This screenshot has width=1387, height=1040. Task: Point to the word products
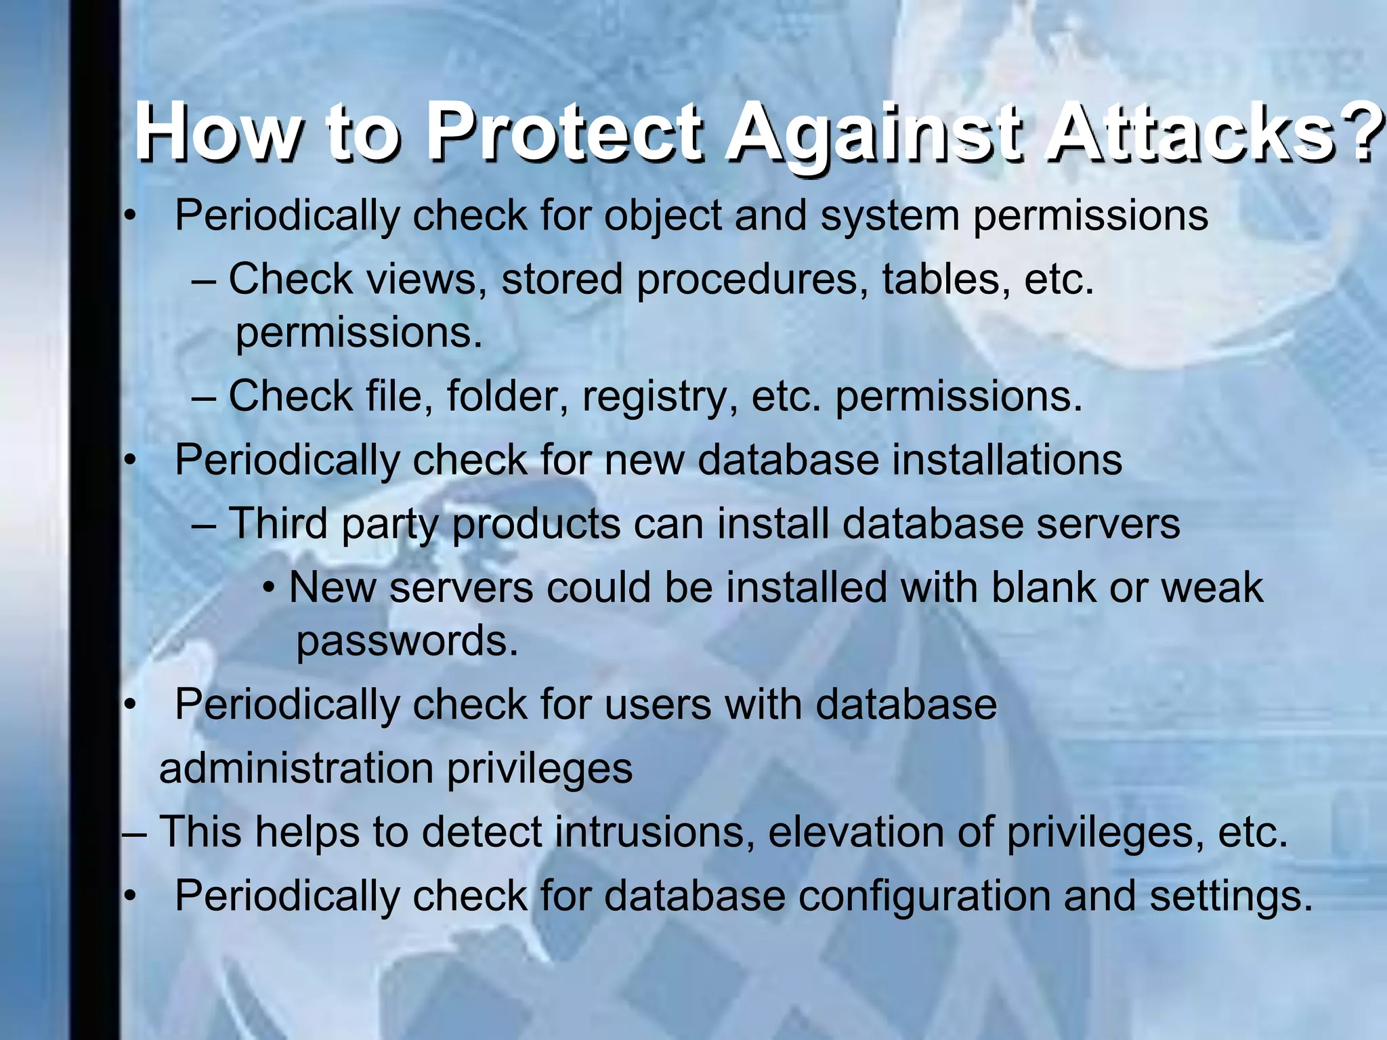coord(536,525)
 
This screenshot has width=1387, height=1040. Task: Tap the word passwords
coord(406,642)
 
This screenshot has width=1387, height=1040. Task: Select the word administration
coord(296,768)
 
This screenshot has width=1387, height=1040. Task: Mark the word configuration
coord(925,897)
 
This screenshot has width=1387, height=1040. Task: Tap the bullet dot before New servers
coord(270,588)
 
